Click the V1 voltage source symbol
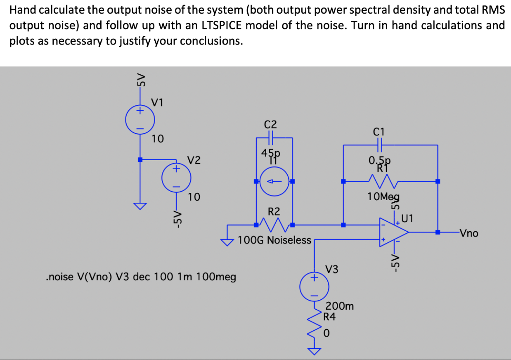click(140, 120)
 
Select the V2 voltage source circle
click(176, 178)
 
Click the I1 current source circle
click(274, 181)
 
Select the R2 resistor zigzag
click(274, 225)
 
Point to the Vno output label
click(469, 233)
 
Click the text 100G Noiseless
click(274, 240)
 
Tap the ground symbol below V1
click(140, 206)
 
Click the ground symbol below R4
click(315, 351)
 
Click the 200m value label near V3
click(340, 306)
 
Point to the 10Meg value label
click(383, 197)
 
